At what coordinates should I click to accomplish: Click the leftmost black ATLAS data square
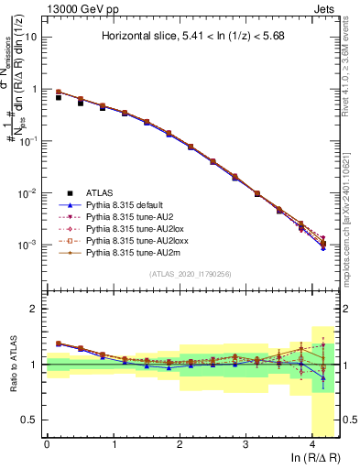(x=60, y=96)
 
